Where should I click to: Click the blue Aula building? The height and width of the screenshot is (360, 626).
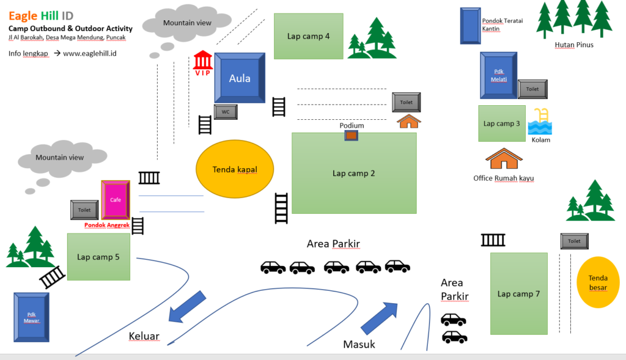240,78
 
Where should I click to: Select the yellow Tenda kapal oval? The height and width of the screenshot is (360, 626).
234,169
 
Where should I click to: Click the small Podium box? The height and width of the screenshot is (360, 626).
351,135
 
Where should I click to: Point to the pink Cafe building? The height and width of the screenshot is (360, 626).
116,200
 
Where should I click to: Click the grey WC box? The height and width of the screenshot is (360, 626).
225,112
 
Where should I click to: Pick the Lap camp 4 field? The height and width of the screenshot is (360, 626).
308,36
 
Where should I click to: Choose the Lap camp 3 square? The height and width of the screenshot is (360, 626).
501,123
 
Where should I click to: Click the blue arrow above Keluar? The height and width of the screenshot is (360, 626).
187,306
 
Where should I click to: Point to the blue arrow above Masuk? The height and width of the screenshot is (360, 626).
379,317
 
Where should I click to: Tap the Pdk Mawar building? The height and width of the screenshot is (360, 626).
32,317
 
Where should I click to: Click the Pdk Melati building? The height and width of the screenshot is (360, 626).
498,75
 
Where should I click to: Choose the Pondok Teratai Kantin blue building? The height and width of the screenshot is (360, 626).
469,25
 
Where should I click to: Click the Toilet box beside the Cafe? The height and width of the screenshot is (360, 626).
84,210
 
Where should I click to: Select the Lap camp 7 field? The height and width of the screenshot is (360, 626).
518,294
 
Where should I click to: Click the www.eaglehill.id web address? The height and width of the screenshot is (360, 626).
90,53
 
